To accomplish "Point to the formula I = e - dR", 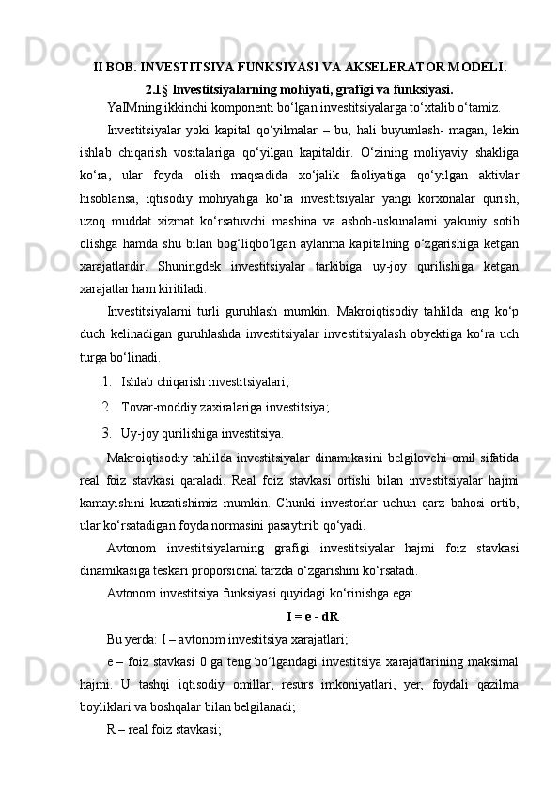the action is pyautogui.click(x=312, y=617).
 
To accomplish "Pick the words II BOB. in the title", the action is pyautogui.click(x=115, y=68).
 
